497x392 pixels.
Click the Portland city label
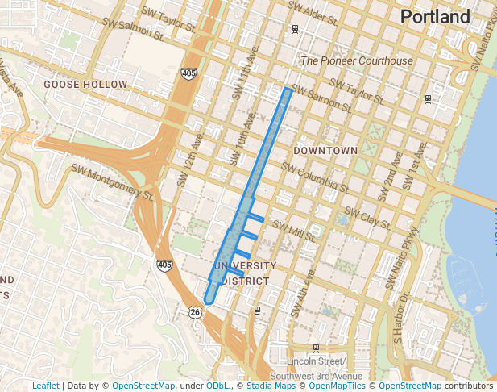pyautogui.click(x=434, y=17)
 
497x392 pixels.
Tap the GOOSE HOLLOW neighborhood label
pyautogui.click(x=85, y=84)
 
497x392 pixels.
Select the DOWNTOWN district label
pyautogui.click(x=325, y=151)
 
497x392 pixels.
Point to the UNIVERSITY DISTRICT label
pyautogui.click(x=245, y=273)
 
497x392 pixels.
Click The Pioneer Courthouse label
pyautogui.click(x=356, y=60)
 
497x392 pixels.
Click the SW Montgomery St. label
pyautogui.click(x=112, y=182)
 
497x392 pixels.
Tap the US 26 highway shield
pyautogui.click(x=196, y=311)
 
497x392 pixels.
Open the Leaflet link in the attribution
pyautogui.click(x=45, y=386)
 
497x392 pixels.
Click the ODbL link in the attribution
pyautogui.click(x=217, y=386)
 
